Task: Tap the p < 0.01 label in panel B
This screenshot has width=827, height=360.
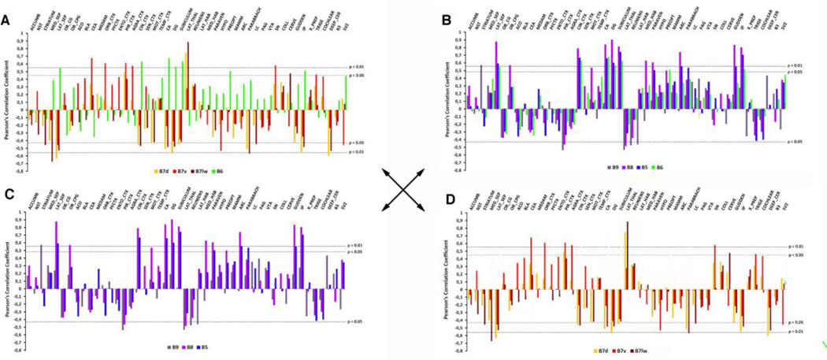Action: tap(799, 65)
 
